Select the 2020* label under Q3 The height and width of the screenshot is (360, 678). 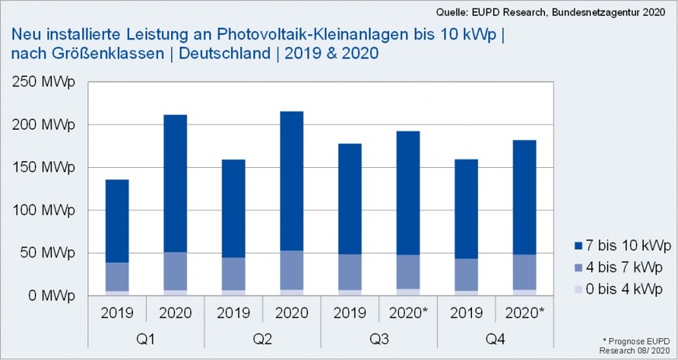[408, 314]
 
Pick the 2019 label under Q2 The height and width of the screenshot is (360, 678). [233, 314]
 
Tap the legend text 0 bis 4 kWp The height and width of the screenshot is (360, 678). [626, 288]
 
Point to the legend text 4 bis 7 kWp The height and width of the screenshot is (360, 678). [626, 268]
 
